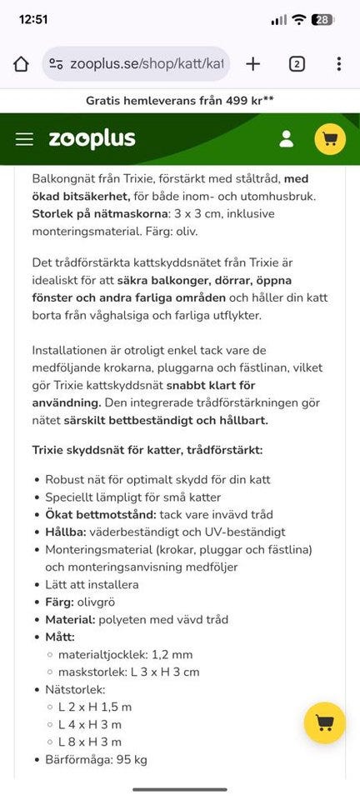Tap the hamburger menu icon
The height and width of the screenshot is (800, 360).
24,139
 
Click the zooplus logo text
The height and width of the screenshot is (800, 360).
92,139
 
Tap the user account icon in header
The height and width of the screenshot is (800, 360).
286,139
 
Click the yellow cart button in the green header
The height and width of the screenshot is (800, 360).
330,139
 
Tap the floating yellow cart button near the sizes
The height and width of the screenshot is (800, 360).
325,722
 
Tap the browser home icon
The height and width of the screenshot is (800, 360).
22,64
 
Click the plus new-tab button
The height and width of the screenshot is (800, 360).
253,64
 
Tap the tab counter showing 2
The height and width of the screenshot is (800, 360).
297,64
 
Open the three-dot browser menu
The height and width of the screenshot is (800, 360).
338,64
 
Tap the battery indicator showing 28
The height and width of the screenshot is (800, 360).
322,20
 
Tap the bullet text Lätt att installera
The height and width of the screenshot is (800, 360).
92,584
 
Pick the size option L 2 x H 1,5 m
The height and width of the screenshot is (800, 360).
94,707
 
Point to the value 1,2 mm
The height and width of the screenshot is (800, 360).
172,654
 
